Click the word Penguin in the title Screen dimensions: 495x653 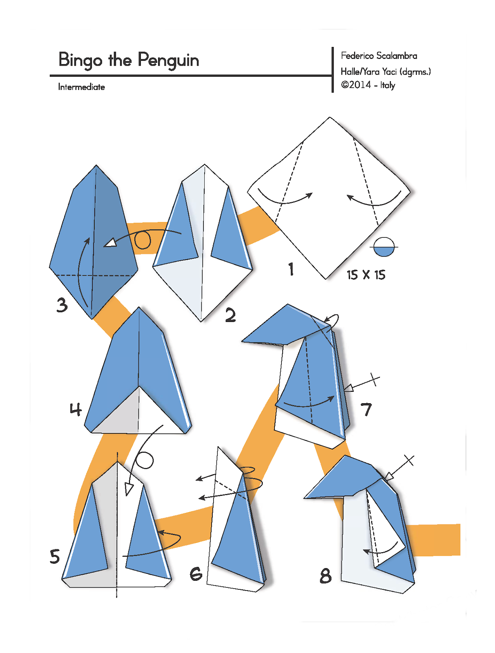[x=168, y=60]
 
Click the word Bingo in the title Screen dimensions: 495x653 [x=80, y=60]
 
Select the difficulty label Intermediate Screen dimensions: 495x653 [x=81, y=87]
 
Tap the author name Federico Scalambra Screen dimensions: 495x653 [x=379, y=56]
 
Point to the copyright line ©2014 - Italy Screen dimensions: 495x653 [x=368, y=85]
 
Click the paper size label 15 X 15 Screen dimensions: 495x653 [x=366, y=275]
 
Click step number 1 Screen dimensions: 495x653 [x=291, y=269]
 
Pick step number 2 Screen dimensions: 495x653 [x=230, y=315]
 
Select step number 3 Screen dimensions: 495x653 [x=62, y=305]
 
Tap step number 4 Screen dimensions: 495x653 [x=76, y=409]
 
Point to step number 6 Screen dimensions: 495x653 [x=196, y=573]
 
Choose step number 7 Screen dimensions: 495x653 [x=366, y=410]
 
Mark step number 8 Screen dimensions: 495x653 [x=326, y=575]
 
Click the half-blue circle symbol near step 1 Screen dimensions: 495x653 [x=384, y=247]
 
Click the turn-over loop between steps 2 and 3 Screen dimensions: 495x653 [x=143, y=240]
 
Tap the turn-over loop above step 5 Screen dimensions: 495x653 [x=144, y=460]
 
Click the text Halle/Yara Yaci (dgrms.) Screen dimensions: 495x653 [x=386, y=71]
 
